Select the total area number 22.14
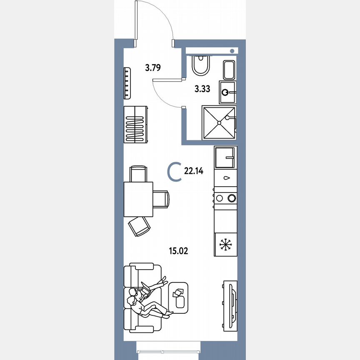coord(193,170)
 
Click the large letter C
coord(175,172)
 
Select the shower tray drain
coord(219,122)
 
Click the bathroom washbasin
coord(227,92)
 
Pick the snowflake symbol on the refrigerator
coord(225,244)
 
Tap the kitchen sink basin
coord(225,157)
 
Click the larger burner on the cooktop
coord(231,198)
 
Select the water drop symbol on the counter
coord(225,178)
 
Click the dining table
coord(138,199)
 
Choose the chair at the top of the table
coord(138,173)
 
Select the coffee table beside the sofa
coord(180,295)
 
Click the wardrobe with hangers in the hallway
coord(135,125)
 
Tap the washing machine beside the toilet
coord(230,70)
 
